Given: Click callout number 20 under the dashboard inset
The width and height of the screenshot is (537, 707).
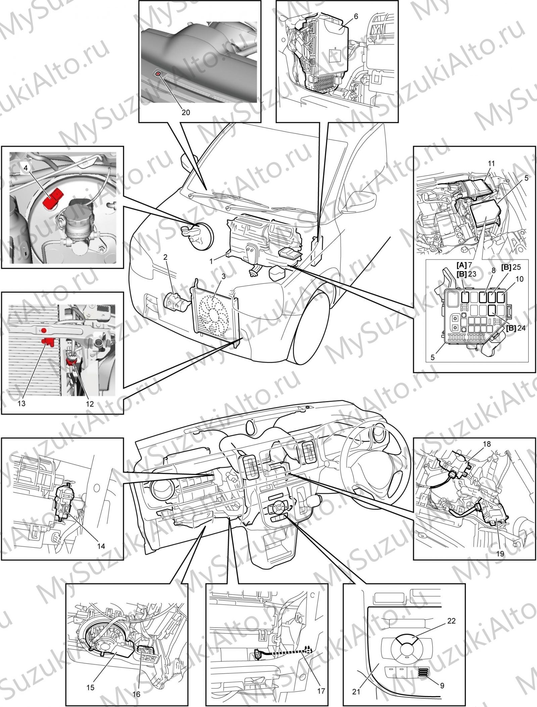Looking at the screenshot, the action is (186, 112).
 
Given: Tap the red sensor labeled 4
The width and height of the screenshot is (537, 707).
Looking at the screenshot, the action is (53, 198).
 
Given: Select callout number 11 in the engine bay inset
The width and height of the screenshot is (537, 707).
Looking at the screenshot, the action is (491, 163).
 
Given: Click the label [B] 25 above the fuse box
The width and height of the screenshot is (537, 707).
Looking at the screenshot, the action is (511, 267).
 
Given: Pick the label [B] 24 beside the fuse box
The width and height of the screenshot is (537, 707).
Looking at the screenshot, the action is (516, 328).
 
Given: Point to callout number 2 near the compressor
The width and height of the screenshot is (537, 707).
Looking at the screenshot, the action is (165, 257).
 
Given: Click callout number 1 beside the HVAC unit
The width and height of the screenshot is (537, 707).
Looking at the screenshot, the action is (211, 261).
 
